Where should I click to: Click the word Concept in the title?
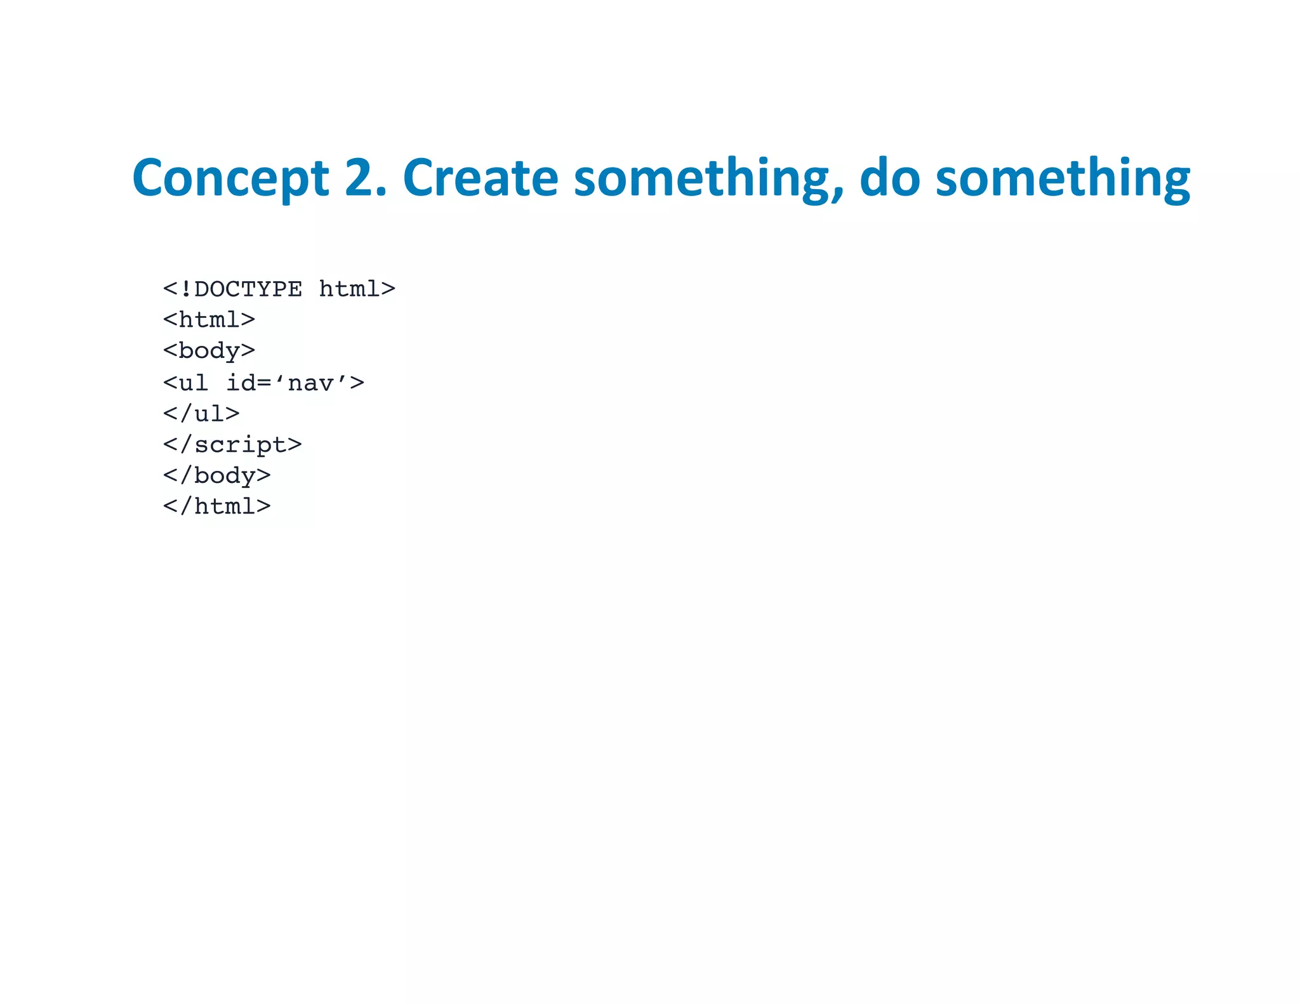click(x=230, y=178)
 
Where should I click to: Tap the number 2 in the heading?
click(x=359, y=178)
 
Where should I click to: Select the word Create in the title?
click(x=481, y=178)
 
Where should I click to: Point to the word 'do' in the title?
click(x=889, y=178)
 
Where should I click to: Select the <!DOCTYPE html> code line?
click(x=279, y=289)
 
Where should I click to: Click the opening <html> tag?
click(x=209, y=320)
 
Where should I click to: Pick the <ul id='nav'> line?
click(x=263, y=383)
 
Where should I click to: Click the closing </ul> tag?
click(x=201, y=414)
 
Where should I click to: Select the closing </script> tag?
click(x=232, y=445)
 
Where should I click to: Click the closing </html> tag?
click(x=216, y=506)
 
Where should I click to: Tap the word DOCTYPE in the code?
click(x=248, y=289)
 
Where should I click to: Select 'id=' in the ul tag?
click(x=248, y=383)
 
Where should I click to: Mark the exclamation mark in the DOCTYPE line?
click(x=186, y=289)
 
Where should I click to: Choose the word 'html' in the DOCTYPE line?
click(x=349, y=289)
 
